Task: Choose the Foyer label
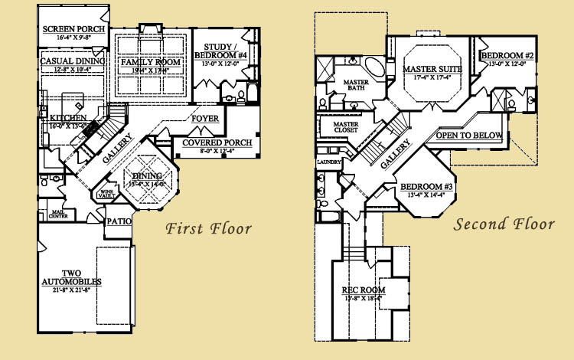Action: click(205, 119)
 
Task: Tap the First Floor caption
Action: click(209, 227)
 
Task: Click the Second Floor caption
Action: click(504, 224)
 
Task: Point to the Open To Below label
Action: click(469, 136)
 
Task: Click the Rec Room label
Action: click(363, 290)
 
